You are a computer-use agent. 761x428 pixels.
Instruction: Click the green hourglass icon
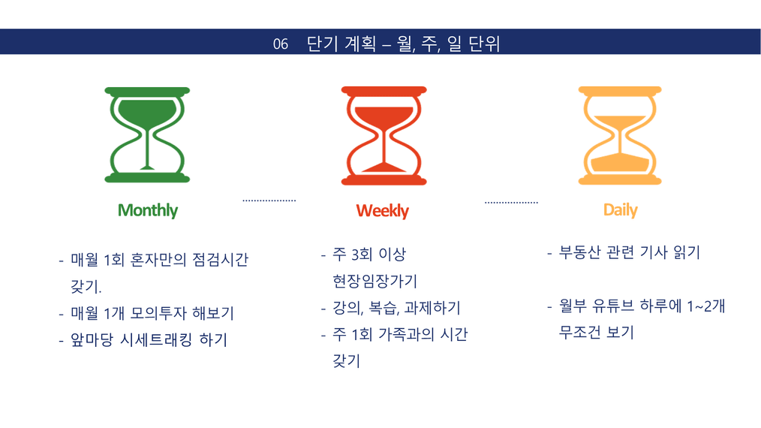[x=147, y=135]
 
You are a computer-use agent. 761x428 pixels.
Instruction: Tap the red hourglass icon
[x=384, y=136]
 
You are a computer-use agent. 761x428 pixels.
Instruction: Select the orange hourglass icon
[x=620, y=136]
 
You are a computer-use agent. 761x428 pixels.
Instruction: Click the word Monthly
[x=148, y=210]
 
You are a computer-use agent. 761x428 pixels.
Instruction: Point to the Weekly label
[x=383, y=211]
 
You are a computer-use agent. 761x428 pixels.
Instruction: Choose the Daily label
[x=620, y=210]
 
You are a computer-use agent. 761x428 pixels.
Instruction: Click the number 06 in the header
[x=281, y=44]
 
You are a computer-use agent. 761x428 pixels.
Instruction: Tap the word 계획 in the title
[x=360, y=44]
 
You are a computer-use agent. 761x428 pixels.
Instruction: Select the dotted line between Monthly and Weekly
[x=269, y=200]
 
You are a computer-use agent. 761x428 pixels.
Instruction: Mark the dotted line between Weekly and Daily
[x=512, y=203]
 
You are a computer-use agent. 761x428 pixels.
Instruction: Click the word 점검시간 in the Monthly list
[x=221, y=259]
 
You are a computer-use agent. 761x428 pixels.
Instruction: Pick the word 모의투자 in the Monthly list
[x=158, y=313]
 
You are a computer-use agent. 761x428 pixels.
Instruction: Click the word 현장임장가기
[x=374, y=281]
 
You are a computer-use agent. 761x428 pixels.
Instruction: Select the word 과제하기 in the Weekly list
[x=432, y=308]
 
